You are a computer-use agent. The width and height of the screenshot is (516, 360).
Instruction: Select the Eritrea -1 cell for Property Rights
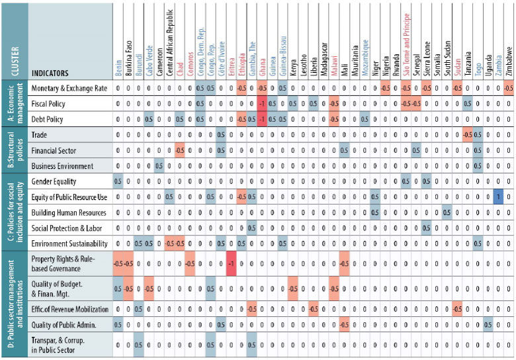tap(231, 263)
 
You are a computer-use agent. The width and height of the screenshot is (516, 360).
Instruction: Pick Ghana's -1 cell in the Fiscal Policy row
tap(262, 105)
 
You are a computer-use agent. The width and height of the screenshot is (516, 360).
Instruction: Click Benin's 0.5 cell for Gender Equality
tap(118, 181)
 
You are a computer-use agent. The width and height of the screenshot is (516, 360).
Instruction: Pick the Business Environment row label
tap(62, 166)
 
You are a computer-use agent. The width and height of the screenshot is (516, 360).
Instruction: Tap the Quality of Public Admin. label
tap(67, 324)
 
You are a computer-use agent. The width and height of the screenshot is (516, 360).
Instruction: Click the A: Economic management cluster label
tap(14, 104)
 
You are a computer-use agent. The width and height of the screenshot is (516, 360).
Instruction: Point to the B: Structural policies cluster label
tap(14, 150)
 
